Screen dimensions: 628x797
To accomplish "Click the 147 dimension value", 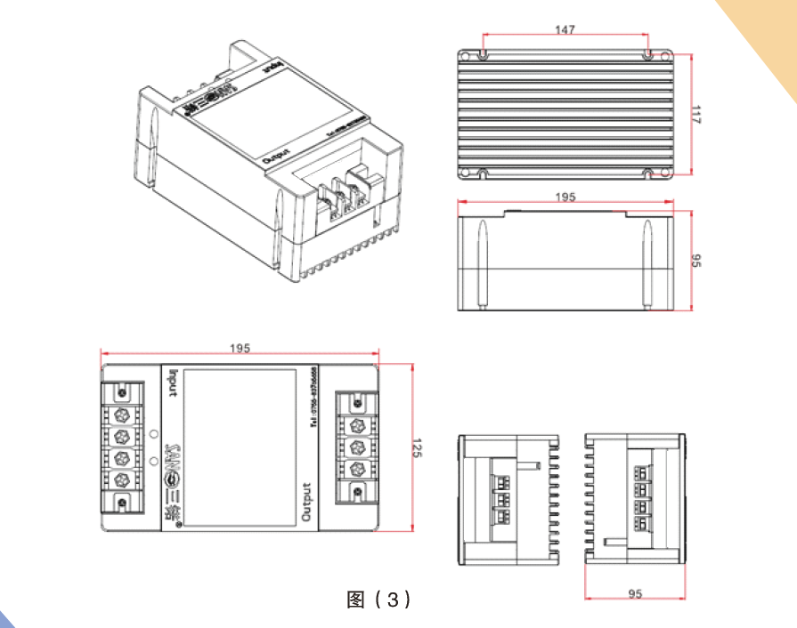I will click(x=565, y=29).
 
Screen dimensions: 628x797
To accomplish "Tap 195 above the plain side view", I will click(x=565, y=196).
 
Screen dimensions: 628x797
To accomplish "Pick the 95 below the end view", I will click(x=635, y=593).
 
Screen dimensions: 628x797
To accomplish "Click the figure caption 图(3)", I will click(x=378, y=600).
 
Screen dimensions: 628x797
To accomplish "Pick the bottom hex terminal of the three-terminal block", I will click(x=356, y=470).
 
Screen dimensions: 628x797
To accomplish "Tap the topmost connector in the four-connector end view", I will click(x=639, y=470).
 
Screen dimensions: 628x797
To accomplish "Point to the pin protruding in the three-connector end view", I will click(x=532, y=464).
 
